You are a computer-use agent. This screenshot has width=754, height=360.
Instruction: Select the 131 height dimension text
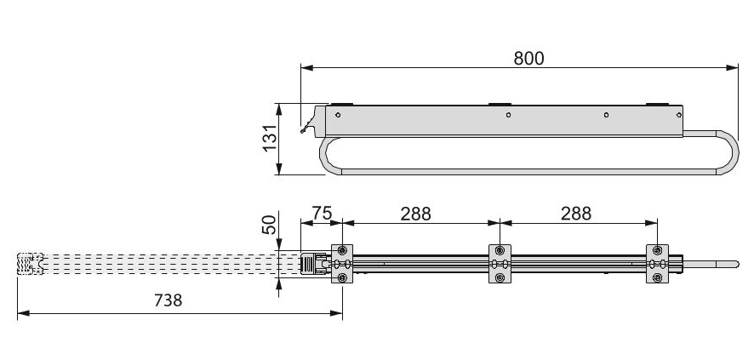click(267, 138)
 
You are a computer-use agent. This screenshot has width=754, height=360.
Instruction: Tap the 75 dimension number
click(321, 213)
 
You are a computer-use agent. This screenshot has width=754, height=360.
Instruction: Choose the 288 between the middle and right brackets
click(576, 213)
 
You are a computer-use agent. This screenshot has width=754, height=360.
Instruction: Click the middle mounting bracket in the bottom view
click(500, 264)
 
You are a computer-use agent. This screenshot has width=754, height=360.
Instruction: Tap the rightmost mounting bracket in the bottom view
click(657, 264)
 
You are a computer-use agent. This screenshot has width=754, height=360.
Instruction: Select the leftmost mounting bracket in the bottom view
click(342, 264)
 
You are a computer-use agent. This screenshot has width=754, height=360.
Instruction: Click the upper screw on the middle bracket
click(500, 251)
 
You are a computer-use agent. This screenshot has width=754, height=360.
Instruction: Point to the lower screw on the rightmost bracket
click(657, 277)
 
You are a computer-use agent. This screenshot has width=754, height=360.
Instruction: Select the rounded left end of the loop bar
click(324, 157)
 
